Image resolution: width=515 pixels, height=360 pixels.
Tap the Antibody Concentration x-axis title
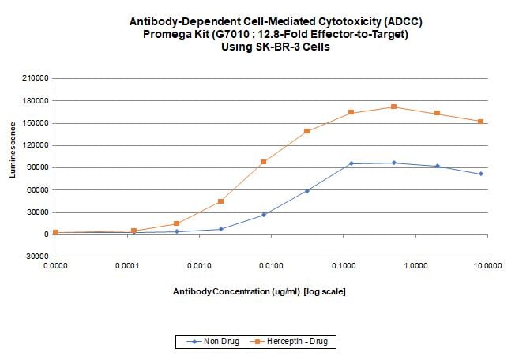point(259,292)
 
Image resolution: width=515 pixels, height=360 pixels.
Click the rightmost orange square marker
point(480,122)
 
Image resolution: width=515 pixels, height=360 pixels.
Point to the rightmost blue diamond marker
point(480,174)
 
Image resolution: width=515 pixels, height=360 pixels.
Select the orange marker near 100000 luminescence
point(263,162)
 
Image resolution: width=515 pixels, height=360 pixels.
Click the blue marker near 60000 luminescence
point(306,191)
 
